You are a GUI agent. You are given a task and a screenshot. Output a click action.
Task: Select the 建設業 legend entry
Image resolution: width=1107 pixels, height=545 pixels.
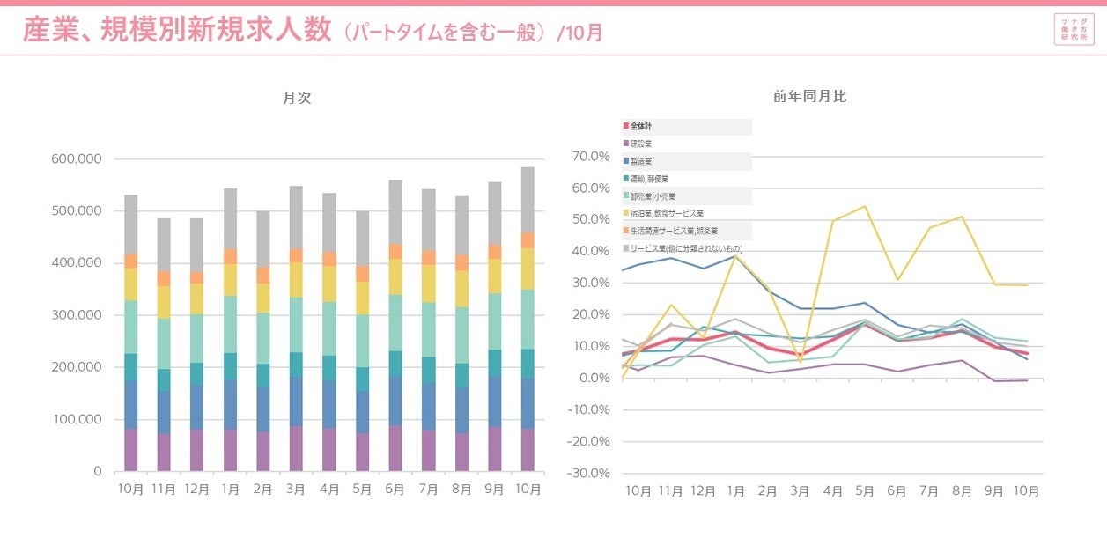click(x=640, y=144)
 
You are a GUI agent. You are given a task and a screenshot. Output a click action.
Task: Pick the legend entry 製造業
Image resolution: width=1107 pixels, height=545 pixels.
click(x=640, y=161)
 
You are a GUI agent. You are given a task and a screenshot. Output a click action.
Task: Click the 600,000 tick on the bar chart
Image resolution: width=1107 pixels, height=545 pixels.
click(x=77, y=159)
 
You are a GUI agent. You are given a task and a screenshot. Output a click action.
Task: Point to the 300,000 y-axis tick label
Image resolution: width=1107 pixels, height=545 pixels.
click(x=77, y=315)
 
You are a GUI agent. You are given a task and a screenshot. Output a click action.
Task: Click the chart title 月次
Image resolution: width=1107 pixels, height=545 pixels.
click(x=297, y=99)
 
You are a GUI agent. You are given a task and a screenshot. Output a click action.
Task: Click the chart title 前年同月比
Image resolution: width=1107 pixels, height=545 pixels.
click(x=809, y=96)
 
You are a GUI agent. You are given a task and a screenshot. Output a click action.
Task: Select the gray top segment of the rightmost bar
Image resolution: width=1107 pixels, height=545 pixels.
click(x=528, y=199)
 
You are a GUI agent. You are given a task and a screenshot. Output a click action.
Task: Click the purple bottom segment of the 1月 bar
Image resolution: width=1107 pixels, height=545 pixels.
click(x=230, y=450)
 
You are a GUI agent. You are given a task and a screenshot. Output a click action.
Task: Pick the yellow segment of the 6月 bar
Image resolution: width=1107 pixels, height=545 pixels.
click(x=395, y=276)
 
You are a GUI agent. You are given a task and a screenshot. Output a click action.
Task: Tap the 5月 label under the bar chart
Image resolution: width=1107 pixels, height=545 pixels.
click(x=363, y=489)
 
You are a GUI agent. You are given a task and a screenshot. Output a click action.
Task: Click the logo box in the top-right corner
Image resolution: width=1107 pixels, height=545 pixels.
click(x=1074, y=29)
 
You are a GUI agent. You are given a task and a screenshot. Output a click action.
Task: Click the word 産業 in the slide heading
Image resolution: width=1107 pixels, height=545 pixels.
click(x=47, y=32)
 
